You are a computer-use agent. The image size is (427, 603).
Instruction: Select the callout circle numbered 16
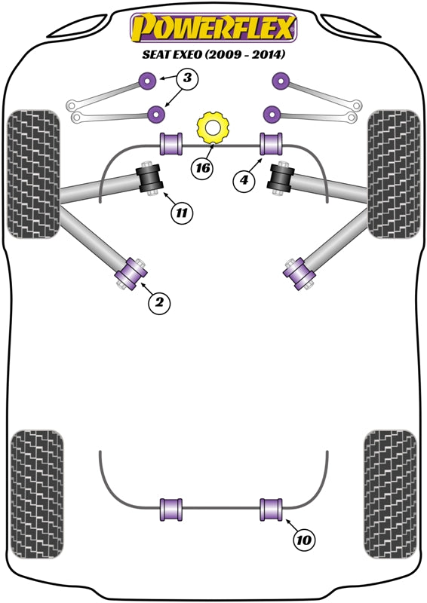click(202, 168)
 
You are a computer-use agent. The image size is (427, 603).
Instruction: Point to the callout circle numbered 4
click(244, 180)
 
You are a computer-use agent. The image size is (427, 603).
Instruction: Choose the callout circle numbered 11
click(181, 213)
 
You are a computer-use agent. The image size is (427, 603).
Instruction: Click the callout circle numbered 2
click(159, 303)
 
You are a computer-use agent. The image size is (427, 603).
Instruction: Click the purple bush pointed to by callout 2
click(131, 272)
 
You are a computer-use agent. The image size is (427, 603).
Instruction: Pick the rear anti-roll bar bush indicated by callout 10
click(271, 509)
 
